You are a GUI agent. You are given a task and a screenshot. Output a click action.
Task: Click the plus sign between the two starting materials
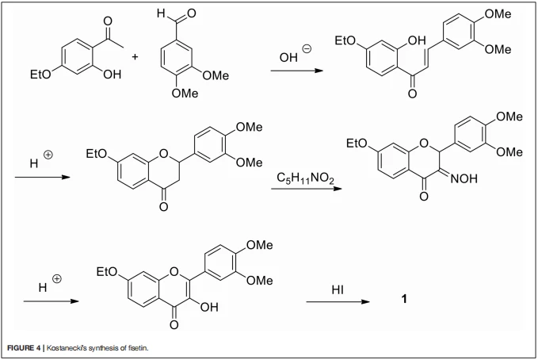click(x=135, y=56)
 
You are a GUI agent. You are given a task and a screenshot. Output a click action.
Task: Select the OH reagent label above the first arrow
click(x=288, y=57)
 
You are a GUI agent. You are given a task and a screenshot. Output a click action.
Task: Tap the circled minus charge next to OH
click(x=307, y=49)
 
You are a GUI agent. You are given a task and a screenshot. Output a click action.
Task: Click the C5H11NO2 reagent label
click(x=305, y=178)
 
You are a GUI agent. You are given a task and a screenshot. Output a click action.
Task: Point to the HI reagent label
click(x=338, y=290)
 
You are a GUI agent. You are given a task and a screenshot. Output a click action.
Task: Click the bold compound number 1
click(x=404, y=299)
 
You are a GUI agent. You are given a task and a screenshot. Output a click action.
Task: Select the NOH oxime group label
click(x=464, y=178)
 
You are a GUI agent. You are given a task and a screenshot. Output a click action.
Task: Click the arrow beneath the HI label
click(x=338, y=301)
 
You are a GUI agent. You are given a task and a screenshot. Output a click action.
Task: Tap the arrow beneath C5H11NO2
click(x=307, y=189)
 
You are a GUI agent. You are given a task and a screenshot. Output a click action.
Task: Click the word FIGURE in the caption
click(x=21, y=348)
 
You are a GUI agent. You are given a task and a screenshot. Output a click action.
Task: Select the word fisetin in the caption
click(x=138, y=348)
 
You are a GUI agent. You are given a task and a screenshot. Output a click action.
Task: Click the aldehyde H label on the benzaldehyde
click(x=161, y=13)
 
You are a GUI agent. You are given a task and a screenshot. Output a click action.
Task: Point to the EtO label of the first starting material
click(x=40, y=75)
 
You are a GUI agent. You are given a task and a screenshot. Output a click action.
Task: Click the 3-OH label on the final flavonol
click(x=209, y=307)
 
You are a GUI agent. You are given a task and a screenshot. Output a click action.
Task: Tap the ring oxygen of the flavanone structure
click(x=164, y=153)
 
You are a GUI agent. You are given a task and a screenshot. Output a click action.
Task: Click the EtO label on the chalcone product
click(x=345, y=41)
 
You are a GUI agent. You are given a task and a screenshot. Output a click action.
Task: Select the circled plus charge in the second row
click(x=48, y=155)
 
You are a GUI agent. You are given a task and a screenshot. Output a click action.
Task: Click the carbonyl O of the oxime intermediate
click(x=424, y=197)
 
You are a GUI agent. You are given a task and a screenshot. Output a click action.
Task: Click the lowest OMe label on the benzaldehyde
click(x=185, y=93)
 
